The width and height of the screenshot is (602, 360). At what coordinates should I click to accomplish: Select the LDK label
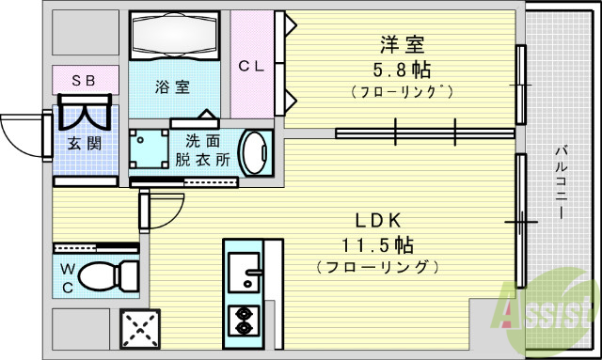tap(377, 221)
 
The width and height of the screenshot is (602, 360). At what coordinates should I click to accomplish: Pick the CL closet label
tap(250, 66)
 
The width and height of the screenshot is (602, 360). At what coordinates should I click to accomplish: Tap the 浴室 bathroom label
tap(173, 87)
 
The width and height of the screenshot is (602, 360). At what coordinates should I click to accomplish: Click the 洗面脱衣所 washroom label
tap(202, 149)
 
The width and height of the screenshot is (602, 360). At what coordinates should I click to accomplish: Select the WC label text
tap(68, 277)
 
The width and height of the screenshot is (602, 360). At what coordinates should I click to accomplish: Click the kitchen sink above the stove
tap(244, 267)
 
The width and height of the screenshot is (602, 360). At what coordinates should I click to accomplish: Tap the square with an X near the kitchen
tap(141, 330)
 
